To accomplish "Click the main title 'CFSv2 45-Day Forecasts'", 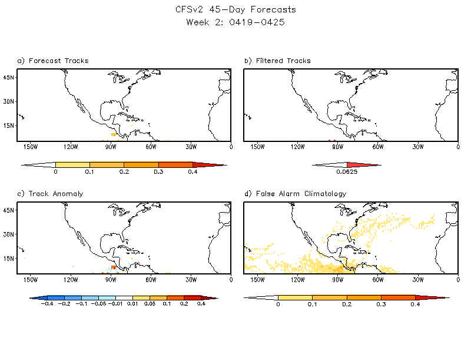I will (x=235, y=10).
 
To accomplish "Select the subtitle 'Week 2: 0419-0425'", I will (x=235, y=22).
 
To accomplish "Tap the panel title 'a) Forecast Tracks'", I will (x=53, y=61).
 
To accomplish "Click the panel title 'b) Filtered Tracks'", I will (x=277, y=61).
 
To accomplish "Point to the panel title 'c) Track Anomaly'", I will (x=51, y=193).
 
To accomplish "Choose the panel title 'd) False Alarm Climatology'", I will (x=295, y=193).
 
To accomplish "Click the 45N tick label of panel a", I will (x=8, y=77).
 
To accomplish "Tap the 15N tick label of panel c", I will (x=8, y=258).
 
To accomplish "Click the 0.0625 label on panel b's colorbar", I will (x=347, y=172).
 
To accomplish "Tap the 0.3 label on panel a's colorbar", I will (x=158, y=172).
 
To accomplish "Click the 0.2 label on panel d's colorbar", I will (x=347, y=305).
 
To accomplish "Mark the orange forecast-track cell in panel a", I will (x=113, y=135).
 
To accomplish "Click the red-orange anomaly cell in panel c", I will (x=113, y=267).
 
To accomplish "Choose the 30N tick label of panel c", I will (x=8, y=233).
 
